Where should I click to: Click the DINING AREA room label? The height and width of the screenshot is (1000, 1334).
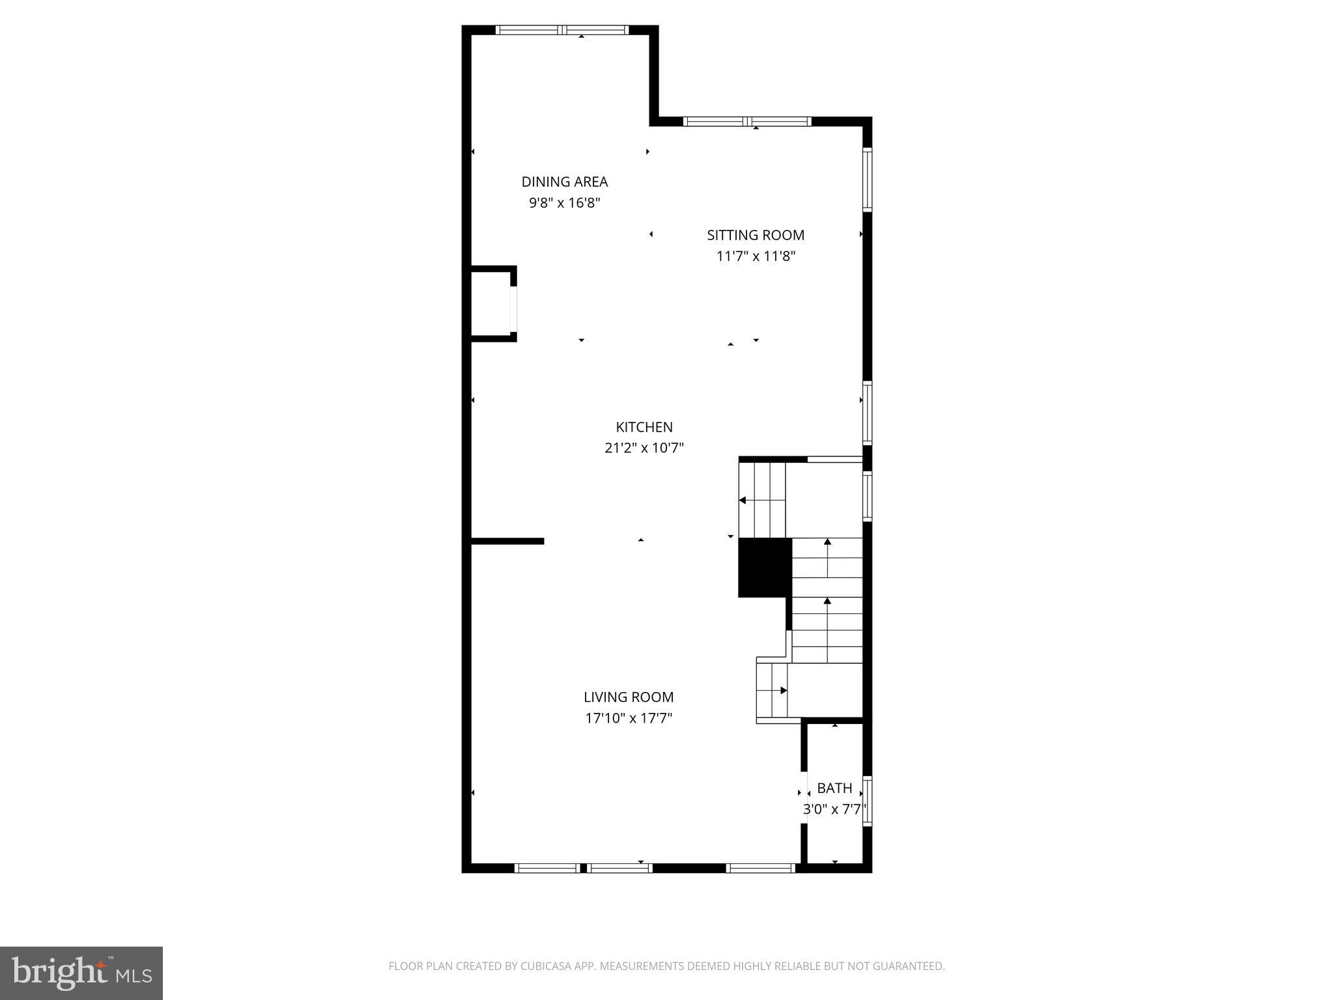point(564,182)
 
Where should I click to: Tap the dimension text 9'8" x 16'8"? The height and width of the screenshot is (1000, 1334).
point(564,202)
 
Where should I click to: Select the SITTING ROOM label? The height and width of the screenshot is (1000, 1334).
point(756,235)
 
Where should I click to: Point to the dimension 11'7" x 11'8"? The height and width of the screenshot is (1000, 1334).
point(756,256)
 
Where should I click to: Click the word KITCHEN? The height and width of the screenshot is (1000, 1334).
point(644,427)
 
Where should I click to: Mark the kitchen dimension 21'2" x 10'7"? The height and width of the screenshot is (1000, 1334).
point(644,448)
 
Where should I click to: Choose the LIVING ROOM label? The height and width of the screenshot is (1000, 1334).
point(628,697)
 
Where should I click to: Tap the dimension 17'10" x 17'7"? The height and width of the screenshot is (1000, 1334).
point(628,718)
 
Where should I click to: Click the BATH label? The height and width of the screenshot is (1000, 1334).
point(834,788)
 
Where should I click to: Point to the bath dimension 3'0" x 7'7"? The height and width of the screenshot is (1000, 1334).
point(834,810)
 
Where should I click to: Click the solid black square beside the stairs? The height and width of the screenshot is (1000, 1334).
point(764,567)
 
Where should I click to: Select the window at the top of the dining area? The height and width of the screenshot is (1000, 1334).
point(561,30)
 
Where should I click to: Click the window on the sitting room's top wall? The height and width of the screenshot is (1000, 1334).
point(746,121)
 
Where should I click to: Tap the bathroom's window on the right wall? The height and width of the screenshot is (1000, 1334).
point(867,801)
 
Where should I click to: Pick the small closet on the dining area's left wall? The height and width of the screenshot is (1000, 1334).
point(491,304)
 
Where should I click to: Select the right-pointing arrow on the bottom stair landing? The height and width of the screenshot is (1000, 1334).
point(783,690)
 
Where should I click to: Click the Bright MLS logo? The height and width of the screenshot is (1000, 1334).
point(81,973)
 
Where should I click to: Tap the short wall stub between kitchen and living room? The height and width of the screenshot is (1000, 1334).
point(507,541)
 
